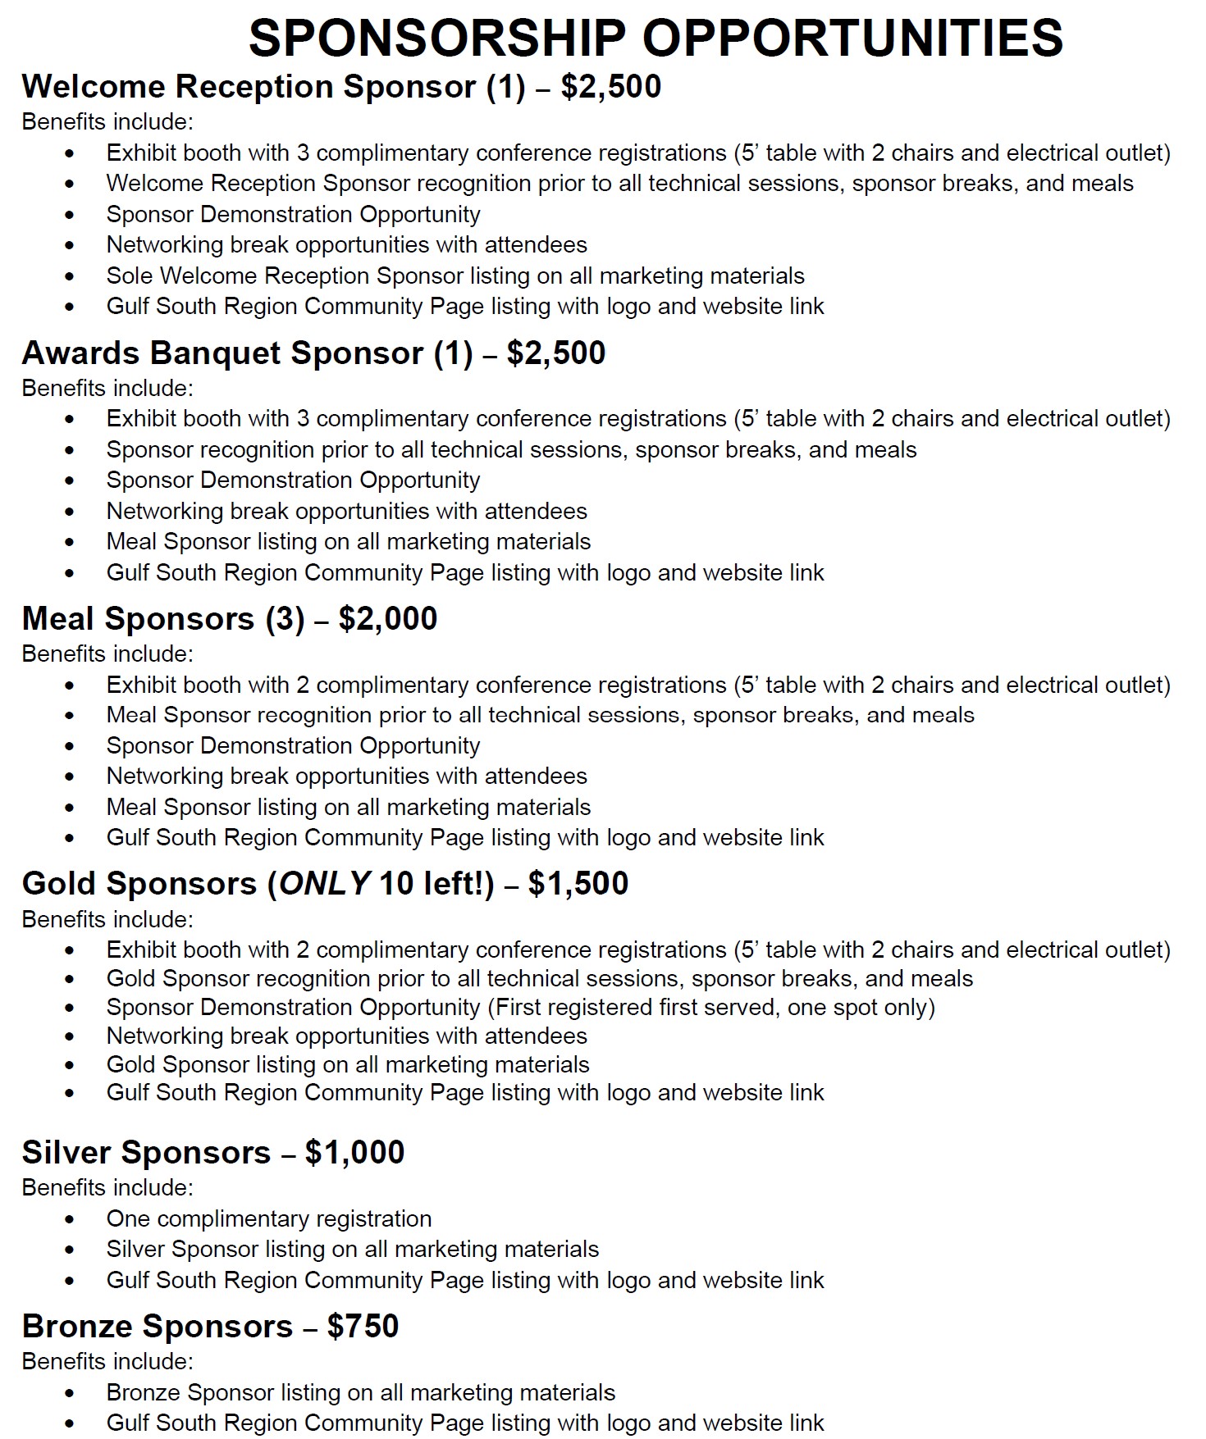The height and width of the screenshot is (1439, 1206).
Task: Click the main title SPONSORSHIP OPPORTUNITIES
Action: click(656, 38)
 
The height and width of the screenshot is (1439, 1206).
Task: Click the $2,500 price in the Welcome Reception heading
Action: click(611, 87)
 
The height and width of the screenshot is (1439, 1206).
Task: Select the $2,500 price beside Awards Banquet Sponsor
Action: click(556, 353)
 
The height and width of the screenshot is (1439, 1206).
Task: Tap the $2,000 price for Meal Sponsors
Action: click(388, 619)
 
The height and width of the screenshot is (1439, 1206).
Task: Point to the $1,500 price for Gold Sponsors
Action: click(578, 884)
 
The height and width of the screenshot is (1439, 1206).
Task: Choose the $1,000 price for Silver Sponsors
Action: click(354, 1153)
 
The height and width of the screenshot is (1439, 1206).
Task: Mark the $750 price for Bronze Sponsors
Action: click(363, 1327)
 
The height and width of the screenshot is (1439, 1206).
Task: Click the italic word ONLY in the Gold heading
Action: click(325, 884)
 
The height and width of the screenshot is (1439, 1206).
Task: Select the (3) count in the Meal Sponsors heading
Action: click(285, 619)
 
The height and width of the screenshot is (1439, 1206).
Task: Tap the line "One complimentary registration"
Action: click(269, 1219)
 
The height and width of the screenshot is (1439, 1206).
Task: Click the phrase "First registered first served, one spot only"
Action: click(711, 1008)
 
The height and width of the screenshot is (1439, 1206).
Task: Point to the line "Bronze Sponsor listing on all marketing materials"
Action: click(361, 1393)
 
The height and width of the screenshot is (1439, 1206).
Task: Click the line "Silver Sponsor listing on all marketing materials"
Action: click(353, 1250)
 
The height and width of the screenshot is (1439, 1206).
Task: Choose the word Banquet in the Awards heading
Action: click(215, 353)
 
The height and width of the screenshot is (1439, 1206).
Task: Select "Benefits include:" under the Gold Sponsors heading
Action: click(107, 920)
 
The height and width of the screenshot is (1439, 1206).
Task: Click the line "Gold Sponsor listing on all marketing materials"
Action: click(348, 1065)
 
